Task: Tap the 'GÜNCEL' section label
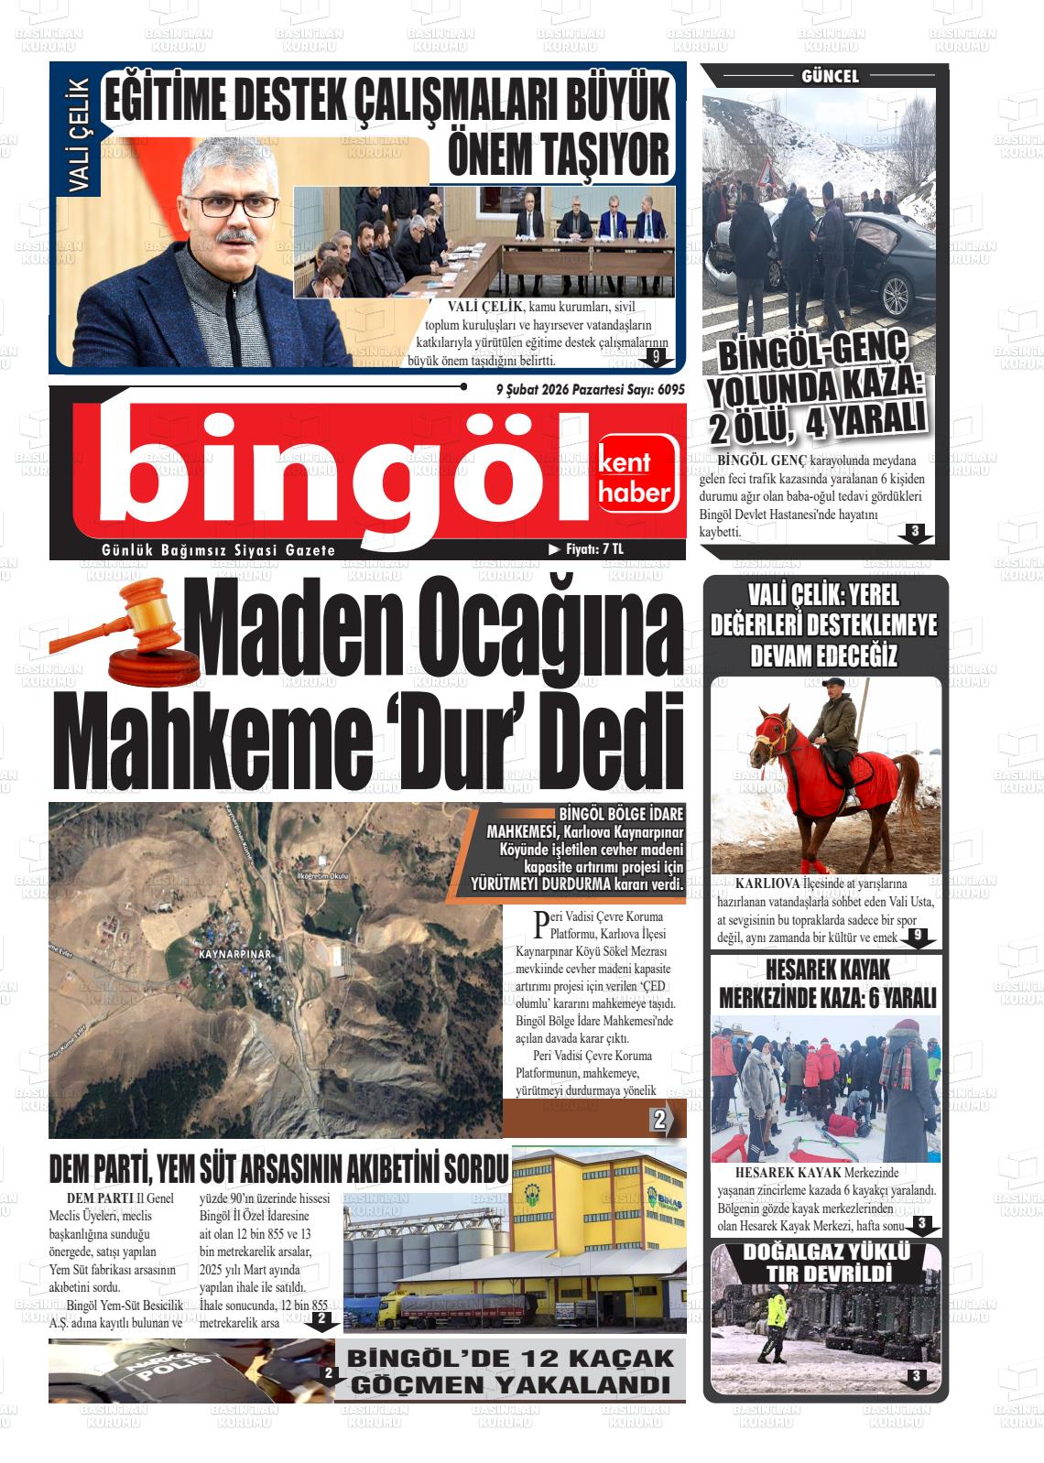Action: pos(830,77)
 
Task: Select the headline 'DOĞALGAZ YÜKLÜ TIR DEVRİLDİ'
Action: pos(826,1263)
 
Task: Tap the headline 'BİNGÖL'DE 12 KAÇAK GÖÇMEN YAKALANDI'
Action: pos(510,1371)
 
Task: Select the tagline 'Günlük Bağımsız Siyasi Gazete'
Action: pos(219,550)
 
